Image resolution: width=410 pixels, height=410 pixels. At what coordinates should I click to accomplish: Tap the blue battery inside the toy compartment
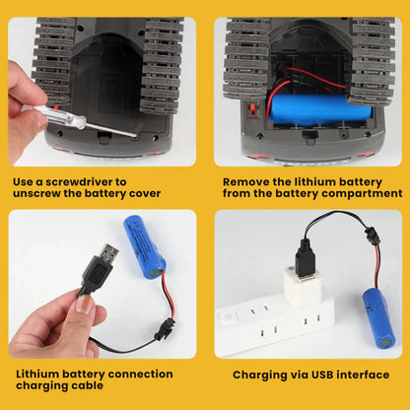[x=319, y=109]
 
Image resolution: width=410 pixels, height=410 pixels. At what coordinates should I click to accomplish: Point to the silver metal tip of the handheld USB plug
[x=106, y=252]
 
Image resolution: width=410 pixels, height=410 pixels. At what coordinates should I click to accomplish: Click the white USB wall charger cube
[x=303, y=287]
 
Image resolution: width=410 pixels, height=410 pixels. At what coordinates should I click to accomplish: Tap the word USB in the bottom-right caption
[x=322, y=375]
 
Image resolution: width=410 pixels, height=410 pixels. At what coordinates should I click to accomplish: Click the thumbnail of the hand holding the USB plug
[x=102, y=284]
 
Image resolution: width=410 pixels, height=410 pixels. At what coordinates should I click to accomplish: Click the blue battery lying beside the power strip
[x=378, y=318]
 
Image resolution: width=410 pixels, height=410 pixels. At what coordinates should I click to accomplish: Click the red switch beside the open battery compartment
[x=253, y=109]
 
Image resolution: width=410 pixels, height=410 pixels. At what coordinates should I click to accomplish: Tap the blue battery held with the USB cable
[x=145, y=247]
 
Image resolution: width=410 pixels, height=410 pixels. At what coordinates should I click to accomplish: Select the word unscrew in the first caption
[x=36, y=193]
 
